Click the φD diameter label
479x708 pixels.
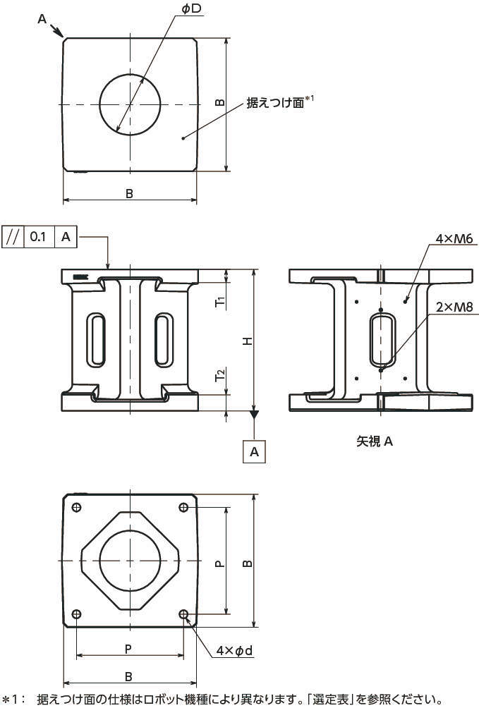192,9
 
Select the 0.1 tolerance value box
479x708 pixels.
38,237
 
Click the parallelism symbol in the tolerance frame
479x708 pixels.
13,237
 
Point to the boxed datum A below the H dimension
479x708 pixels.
255,451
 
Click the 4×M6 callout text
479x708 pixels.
454,238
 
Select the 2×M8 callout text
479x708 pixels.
454,307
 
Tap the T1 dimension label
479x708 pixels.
220,302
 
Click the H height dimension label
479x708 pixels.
248,341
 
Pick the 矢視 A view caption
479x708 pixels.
375,441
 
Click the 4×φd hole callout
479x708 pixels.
234,651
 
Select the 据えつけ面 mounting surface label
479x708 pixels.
275,102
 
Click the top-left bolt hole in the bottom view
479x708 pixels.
77,507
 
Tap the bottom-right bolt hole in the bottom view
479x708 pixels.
183,614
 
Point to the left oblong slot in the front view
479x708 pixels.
96,339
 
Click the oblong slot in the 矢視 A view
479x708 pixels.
382,340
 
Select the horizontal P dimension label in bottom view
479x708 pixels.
128,649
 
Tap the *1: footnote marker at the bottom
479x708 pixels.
13,700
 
